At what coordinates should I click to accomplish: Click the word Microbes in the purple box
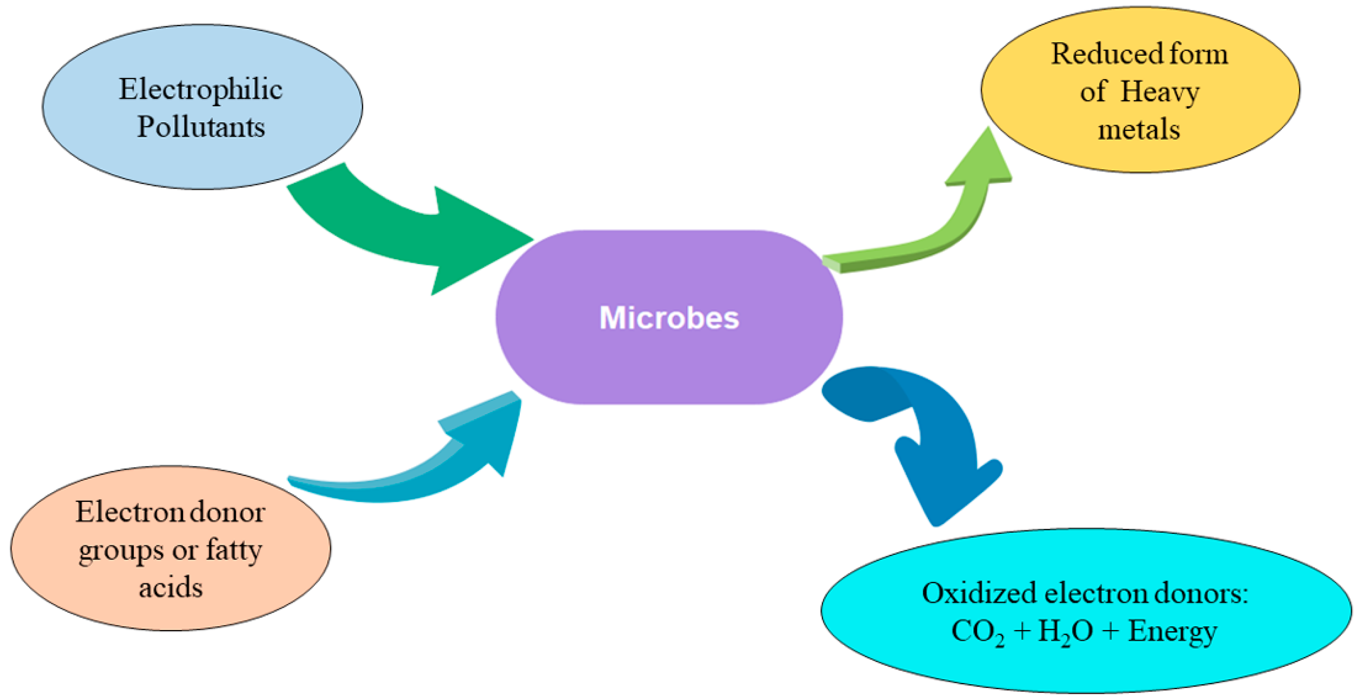tap(669, 318)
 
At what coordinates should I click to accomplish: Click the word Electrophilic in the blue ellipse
tap(201, 89)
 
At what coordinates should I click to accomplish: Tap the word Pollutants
tap(201, 127)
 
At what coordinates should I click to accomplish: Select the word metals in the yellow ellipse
tap(1138, 129)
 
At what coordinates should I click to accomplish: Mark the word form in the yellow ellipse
tap(1198, 54)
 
